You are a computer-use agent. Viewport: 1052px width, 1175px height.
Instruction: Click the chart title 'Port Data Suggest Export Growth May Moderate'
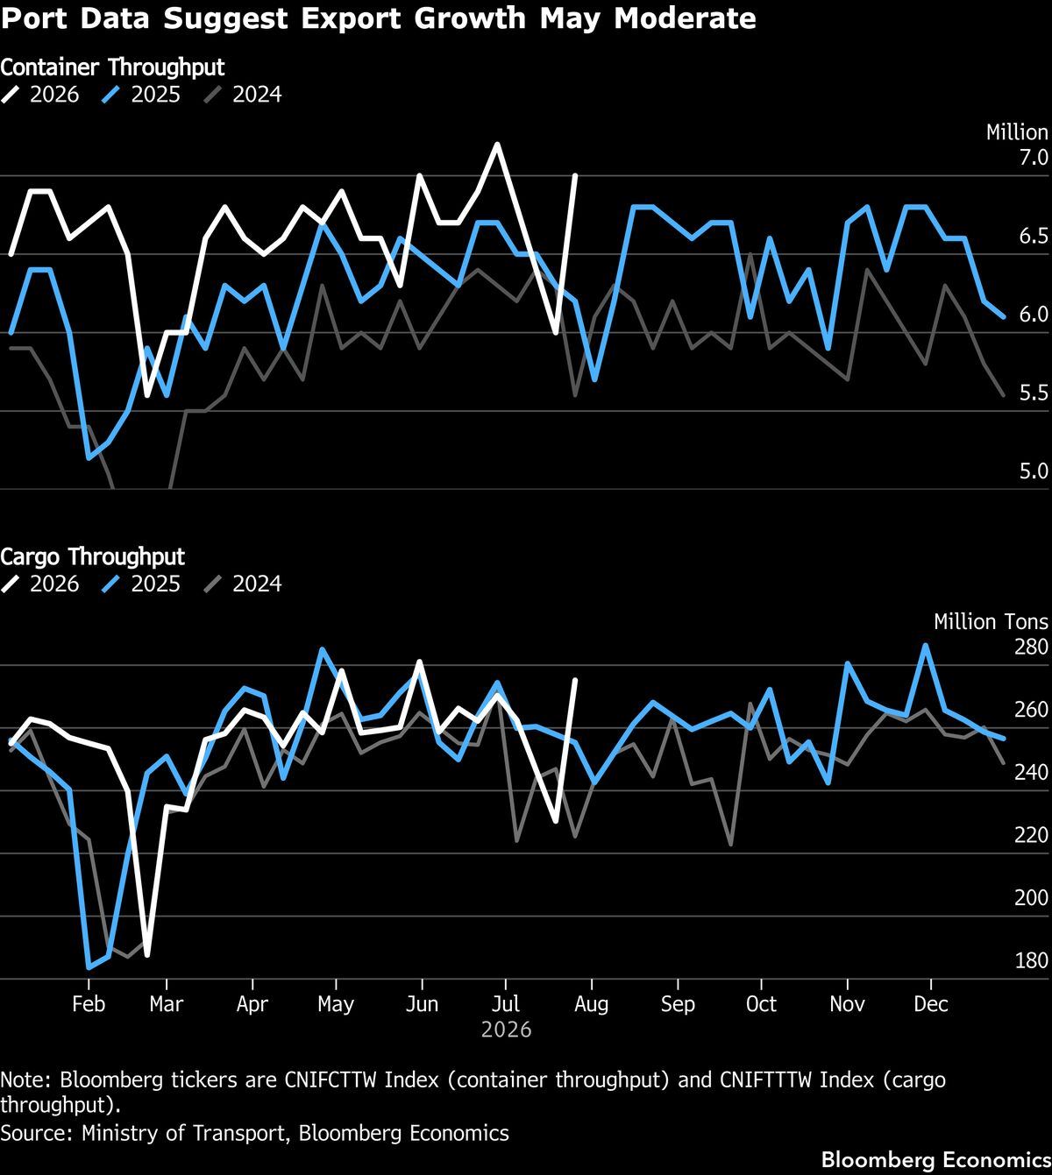click(x=379, y=18)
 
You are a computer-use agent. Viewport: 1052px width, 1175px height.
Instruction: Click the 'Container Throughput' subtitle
click(x=112, y=67)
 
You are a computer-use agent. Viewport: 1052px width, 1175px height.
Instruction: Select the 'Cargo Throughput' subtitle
click(x=92, y=556)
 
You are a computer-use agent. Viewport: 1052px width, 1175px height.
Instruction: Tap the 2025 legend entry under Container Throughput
click(x=141, y=95)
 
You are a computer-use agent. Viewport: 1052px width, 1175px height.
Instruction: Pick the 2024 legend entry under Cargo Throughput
click(x=243, y=584)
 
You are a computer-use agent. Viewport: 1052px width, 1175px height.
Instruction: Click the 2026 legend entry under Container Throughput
click(x=39, y=95)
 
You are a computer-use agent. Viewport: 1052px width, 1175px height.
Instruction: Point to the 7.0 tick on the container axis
click(x=1034, y=157)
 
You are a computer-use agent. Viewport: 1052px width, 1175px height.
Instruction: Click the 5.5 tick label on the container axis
click(x=1034, y=393)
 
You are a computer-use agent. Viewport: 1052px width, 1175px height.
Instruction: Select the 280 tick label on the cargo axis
click(x=1031, y=647)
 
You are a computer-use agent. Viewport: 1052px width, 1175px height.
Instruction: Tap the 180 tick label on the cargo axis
click(x=1031, y=960)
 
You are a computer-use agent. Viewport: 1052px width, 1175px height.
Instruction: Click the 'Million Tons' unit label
click(x=992, y=622)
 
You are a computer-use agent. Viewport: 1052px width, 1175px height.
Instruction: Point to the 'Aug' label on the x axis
click(x=591, y=1004)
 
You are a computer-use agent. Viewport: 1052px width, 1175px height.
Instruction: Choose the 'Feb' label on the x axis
click(x=89, y=1004)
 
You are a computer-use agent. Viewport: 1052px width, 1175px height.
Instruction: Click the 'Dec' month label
click(x=931, y=1004)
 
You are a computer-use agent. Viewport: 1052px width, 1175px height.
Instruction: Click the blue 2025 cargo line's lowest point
click(x=89, y=967)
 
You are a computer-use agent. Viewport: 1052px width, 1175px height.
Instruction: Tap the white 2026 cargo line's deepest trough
click(x=146, y=955)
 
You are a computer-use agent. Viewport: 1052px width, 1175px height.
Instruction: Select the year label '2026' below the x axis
click(x=507, y=1030)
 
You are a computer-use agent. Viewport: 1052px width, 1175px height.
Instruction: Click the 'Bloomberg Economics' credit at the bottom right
click(x=936, y=1159)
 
